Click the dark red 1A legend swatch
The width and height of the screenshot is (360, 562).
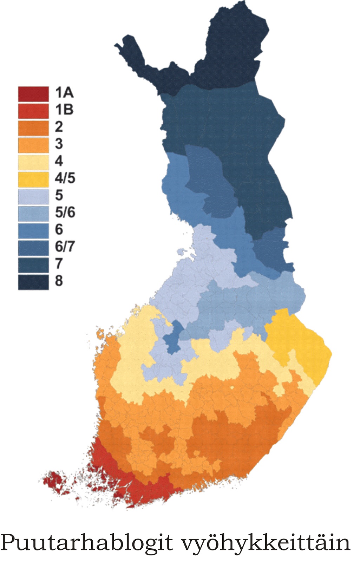click(x=33, y=93)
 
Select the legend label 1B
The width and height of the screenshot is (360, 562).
click(x=64, y=110)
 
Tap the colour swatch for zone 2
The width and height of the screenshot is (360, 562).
click(x=33, y=128)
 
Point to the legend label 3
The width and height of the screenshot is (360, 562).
click(x=59, y=144)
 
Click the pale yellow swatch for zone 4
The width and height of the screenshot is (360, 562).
click(x=33, y=162)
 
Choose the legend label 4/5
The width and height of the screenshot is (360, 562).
click(x=65, y=178)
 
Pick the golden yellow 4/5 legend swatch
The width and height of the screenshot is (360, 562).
click(x=33, y=179)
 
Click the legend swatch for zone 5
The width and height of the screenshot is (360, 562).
click(x=33, y=196)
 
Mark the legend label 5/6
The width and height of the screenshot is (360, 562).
click(x=65, y=213)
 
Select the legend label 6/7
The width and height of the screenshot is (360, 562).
click(x=65, y=247)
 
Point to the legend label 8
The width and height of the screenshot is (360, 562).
click(x=59, y=281)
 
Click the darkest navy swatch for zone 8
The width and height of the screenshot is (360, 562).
click(x=33, y=282)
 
